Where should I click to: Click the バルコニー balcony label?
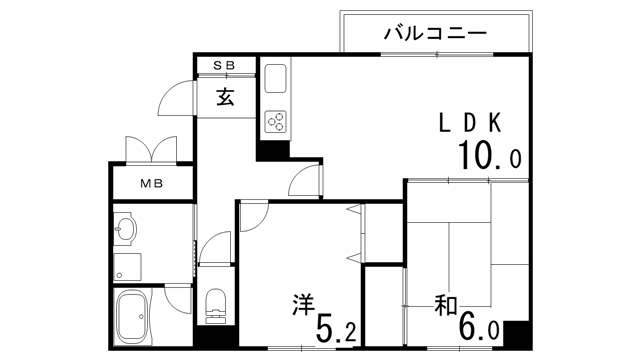click(435, 33)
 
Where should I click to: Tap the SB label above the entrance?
click(224, 65)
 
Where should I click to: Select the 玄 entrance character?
click(225, 97)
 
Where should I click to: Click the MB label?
click(152, 184)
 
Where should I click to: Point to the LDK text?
click(470, 122)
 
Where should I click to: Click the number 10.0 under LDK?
click(489, 155)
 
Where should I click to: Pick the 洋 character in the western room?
click(304, 305)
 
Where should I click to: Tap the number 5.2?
click(336, 328)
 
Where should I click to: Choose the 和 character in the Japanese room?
click(446, 305)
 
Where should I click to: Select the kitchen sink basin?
click(276, 79)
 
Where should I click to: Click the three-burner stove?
click(276, 121)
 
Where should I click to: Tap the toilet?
click(216, 303)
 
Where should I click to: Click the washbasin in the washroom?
click(127, 229)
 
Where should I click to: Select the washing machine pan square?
click(127, 267)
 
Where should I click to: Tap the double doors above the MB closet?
click(151, 149)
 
